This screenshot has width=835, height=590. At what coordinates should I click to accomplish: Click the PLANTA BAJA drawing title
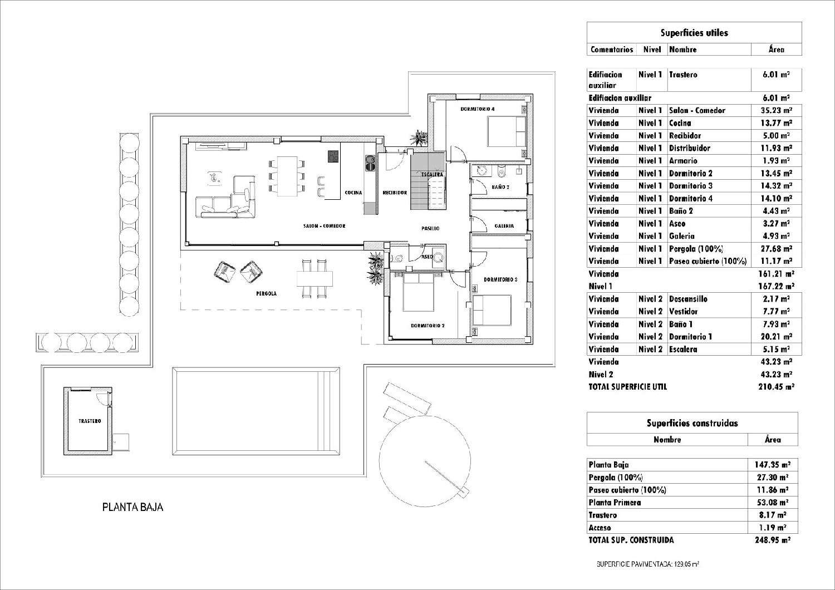132,507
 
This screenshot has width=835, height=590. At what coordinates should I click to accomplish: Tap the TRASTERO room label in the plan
90,421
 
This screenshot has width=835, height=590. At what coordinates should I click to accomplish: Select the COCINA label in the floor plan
353,193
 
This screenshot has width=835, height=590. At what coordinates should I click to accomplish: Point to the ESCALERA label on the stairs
432,174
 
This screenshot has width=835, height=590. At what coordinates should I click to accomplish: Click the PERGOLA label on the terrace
266,293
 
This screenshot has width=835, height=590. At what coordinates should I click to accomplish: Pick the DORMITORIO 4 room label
478,109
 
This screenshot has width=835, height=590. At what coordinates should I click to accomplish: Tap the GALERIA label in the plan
504,225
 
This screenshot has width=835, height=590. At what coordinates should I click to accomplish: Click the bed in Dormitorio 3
492,309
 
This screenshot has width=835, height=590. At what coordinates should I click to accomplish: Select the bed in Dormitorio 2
419,293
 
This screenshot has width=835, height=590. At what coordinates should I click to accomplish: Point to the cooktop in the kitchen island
333,156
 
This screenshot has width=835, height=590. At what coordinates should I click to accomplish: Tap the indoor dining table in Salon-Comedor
287,176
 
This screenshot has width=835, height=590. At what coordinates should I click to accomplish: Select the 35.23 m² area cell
776,110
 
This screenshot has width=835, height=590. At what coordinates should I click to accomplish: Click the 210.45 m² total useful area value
776,386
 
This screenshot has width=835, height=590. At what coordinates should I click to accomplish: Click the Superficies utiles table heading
694,33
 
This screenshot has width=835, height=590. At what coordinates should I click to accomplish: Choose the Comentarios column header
612,49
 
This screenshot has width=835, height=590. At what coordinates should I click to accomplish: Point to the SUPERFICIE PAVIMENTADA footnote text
647,564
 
